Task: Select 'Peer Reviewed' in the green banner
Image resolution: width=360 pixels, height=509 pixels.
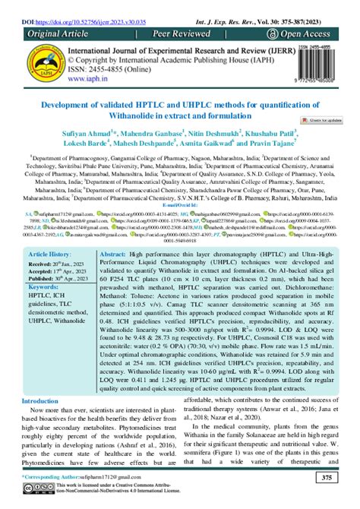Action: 178,35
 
